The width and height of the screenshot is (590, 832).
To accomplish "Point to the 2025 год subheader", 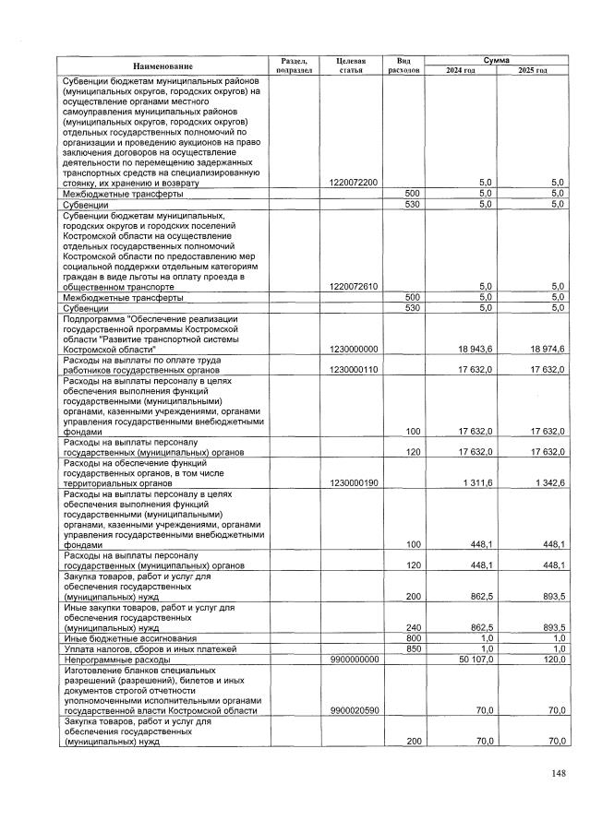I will point(532,71).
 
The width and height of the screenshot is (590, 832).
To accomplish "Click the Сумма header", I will point(496,59).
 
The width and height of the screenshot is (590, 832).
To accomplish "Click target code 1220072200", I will point(353,183).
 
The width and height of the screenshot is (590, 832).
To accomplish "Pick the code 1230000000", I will point(353,348).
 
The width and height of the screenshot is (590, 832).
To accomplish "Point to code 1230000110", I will point(353,369).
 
